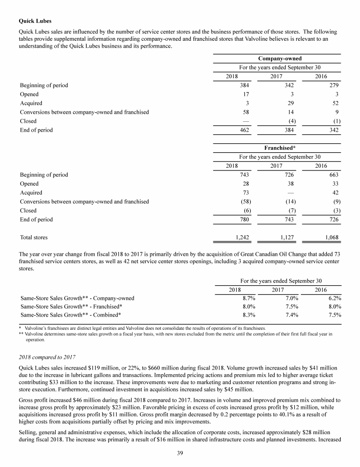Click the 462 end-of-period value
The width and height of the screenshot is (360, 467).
[x=244, y=130]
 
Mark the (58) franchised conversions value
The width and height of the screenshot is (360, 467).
[x=243, y=201]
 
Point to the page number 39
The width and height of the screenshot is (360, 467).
[x=180, y=452]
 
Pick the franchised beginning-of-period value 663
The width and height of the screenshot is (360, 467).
[x=334, y=175]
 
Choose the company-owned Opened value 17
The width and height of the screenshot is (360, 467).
[x=245, y=94]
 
